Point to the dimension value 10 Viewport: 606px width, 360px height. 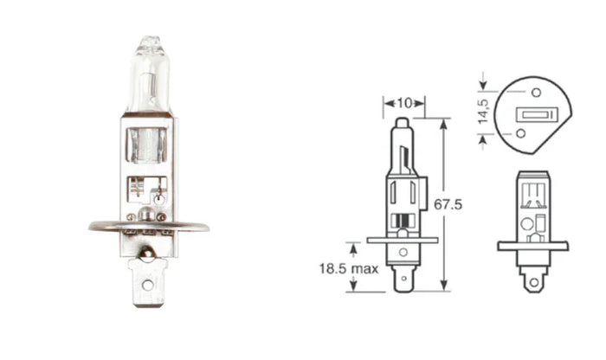pos(403,102)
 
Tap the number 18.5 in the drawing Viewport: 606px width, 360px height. pos(334,269)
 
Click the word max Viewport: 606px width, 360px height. pos(366,269)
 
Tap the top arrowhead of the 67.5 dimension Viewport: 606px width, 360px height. pos(443,121)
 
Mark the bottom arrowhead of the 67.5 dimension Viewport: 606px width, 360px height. pos(443,287)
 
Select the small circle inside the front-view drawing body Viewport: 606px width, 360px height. pos(526,222)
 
